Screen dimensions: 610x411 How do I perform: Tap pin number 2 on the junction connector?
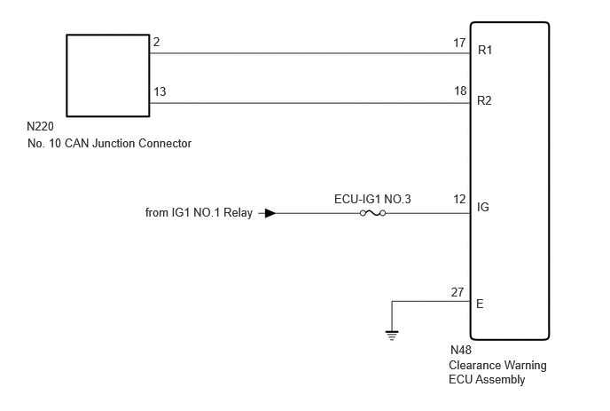coord(156,42)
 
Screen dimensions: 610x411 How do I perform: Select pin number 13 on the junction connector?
coord(160,92)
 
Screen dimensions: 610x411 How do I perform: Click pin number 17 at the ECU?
coord(459,43)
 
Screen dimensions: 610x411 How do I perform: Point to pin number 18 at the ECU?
coord(460,91)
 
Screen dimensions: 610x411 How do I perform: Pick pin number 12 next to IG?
coord(459,200)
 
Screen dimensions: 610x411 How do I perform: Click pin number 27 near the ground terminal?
coord(457,292)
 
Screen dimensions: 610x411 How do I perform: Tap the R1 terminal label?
coord(485,51)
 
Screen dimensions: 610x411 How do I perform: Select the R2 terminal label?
coord(484,101)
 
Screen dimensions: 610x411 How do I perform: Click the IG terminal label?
coord(483,207)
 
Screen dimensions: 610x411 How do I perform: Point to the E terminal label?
coord(480,304)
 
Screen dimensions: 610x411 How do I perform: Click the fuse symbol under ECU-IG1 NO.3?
coord(372,213)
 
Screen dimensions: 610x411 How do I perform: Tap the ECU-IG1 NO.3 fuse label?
coord(372,200)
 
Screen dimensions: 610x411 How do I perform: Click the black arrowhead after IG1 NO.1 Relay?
coord(270,213)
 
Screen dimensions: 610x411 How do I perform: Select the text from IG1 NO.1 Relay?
coord(199,213)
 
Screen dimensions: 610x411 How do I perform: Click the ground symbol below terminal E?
coord(392,336)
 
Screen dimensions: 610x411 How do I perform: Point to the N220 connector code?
coord(40,127)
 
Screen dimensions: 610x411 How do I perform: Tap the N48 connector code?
coord(461,351)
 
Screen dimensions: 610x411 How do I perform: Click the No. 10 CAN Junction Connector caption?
coord(109,144)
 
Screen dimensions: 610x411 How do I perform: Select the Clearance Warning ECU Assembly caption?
coord(497,373)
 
